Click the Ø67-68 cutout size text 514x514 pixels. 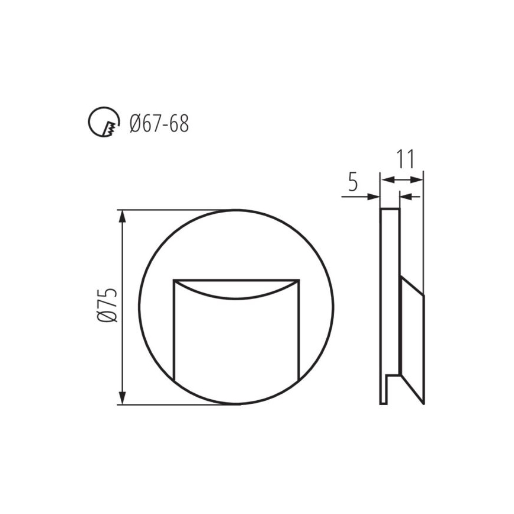(159, 124)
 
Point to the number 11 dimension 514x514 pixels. (404, 160)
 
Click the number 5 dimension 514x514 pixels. (353, 182)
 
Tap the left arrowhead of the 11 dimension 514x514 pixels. (384, 179)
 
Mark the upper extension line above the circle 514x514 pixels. (178, 210)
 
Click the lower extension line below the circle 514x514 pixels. (178, 405)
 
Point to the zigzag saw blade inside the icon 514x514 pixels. (109, 127)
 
